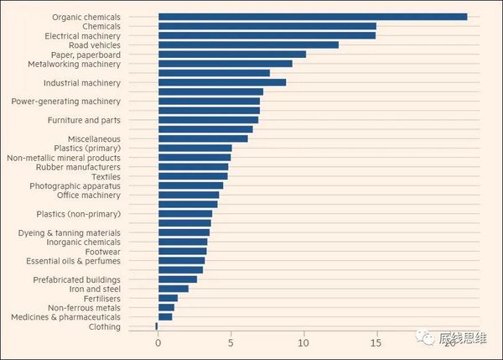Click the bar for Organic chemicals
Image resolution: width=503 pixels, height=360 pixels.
click(x=312, y=17)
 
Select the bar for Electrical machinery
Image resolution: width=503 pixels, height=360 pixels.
click(x=267, y=35)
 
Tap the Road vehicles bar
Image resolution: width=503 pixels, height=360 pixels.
click(x=248, y=44)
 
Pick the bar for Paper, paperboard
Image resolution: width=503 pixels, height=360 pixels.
click(x=231, y=55)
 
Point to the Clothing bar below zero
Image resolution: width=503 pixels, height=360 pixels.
click(x=156, y=326)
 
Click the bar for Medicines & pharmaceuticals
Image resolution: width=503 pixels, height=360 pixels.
click(x=165, y=317)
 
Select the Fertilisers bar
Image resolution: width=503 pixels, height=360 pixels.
click(x=168, y=298)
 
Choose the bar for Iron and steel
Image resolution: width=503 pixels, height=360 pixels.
click(x=173, y=289)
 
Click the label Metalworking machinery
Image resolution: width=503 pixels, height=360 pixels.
click(x=74, y=64)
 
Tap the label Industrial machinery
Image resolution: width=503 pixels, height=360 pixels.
click(x=81, y=83)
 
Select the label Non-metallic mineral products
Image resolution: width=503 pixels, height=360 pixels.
click(x=63, y=158)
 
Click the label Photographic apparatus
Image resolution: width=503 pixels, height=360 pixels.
click(x=75, y=185)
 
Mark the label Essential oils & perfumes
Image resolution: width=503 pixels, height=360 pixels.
click(x=73, y=260)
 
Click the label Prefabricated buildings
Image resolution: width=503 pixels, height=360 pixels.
click(x=76, y=279)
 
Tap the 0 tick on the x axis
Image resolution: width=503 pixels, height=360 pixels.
click(x=158, y=343)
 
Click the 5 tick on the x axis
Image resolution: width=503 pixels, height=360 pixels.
click(x=231, y=343)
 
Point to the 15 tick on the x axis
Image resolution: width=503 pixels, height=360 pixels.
click(x=376, y=343)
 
